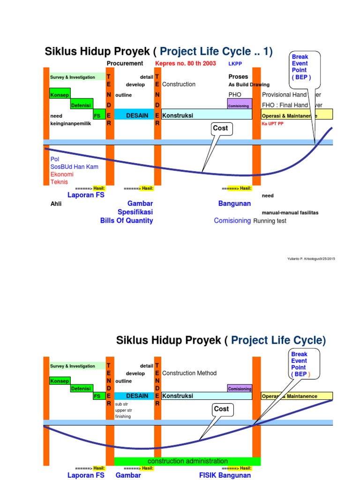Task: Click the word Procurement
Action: click(x=125, y=63)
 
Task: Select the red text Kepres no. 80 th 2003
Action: click(x=185, y=63)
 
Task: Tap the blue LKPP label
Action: click(x=235, y=63)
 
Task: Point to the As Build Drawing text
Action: click(x=249, y=85)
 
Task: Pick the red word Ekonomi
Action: click(x=62, y=174)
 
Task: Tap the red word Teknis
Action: click(x=59, y=182)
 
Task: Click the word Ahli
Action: click(x=56, y=204)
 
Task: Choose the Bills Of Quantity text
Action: click(x=127, y=220)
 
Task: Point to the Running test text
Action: click(x=270, y=221)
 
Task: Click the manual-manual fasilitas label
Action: click(x=290, y=212)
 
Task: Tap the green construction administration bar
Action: click(x=187, y=461)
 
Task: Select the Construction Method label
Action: click(x=189, y=373)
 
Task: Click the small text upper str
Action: click(x=123, y=410)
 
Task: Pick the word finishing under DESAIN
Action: click(x=123, y=416)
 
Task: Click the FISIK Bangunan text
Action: click(x=225, y=475)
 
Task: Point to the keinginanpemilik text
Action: click(x=71, y=124)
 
